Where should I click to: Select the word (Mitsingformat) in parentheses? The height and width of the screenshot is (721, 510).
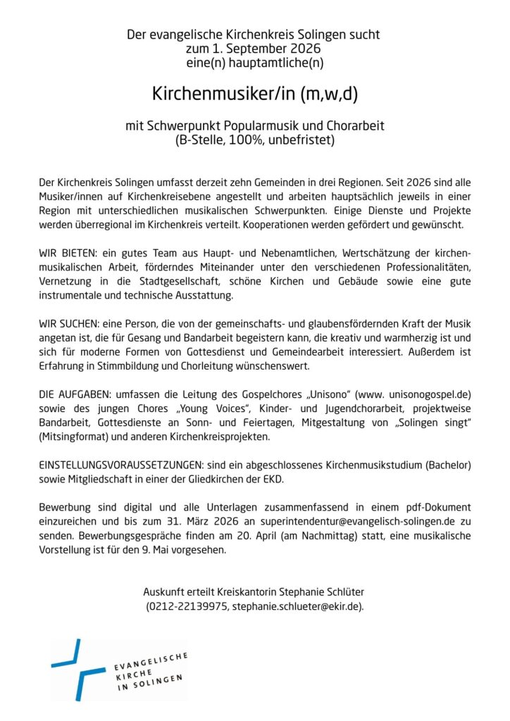(x=73, y=437)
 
